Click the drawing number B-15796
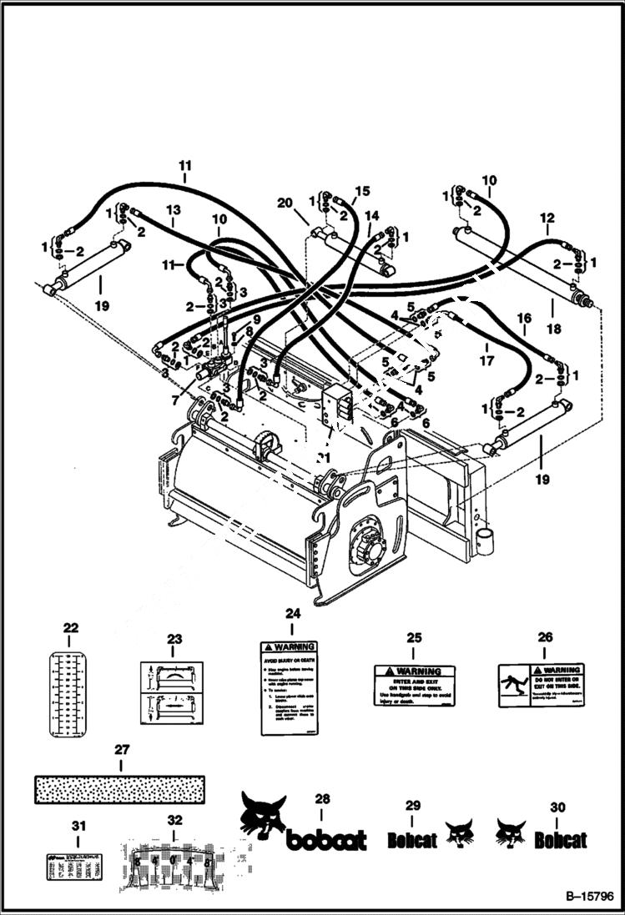[585, 897]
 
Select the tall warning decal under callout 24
[288, 688]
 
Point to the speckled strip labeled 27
[119, 789]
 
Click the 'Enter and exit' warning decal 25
[414, 685]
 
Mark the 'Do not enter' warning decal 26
[541, 685]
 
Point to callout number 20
[285, 203]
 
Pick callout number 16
[524, 318]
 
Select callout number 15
[361, 191]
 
